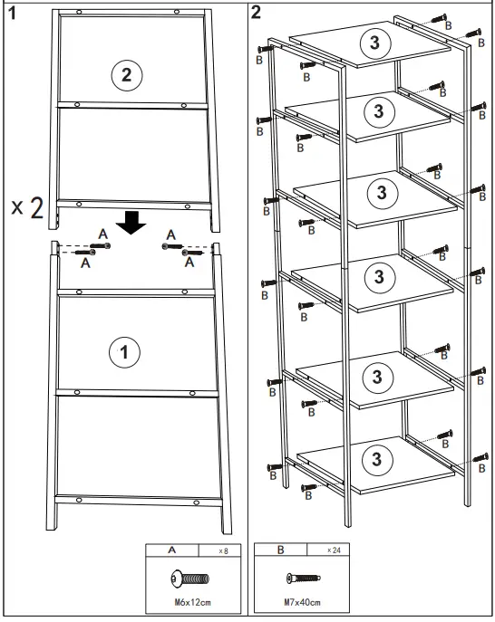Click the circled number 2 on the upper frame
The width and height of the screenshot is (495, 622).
(x=126, y=75)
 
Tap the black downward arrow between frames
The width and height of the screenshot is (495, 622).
(x=133, y=220)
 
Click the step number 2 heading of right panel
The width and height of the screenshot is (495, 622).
(x=257, y=12)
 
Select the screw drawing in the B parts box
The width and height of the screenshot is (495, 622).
(x=302, y=577)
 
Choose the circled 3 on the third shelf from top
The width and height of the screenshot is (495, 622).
(x=381, y=192)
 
